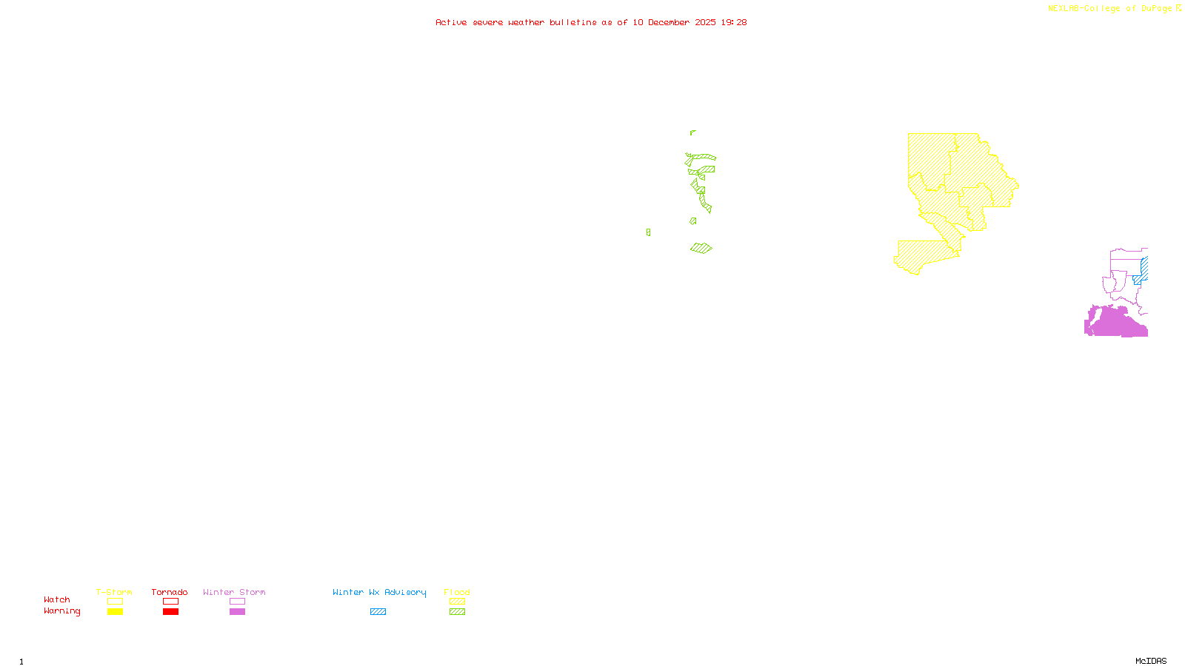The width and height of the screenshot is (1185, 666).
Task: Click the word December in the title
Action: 669,23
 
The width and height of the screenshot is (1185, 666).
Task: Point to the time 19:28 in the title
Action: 733,23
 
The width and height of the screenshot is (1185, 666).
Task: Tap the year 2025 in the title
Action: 705,23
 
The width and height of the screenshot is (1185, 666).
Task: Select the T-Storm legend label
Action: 114,592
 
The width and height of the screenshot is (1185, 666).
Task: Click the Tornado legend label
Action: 170,592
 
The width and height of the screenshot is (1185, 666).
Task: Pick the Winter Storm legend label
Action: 234,592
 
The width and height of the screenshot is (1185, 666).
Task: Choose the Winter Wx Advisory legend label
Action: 379,592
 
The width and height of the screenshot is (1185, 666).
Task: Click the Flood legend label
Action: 457,592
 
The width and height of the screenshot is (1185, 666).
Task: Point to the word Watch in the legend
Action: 57,600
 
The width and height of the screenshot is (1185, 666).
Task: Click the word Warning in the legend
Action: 62,611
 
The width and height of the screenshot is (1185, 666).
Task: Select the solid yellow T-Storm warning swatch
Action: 115,612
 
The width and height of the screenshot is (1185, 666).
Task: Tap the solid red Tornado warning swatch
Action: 171,612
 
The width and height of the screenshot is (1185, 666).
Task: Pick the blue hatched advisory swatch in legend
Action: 378,612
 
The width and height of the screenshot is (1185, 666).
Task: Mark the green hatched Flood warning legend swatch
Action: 457,612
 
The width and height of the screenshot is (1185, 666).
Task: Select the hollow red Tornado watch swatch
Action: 171,602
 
